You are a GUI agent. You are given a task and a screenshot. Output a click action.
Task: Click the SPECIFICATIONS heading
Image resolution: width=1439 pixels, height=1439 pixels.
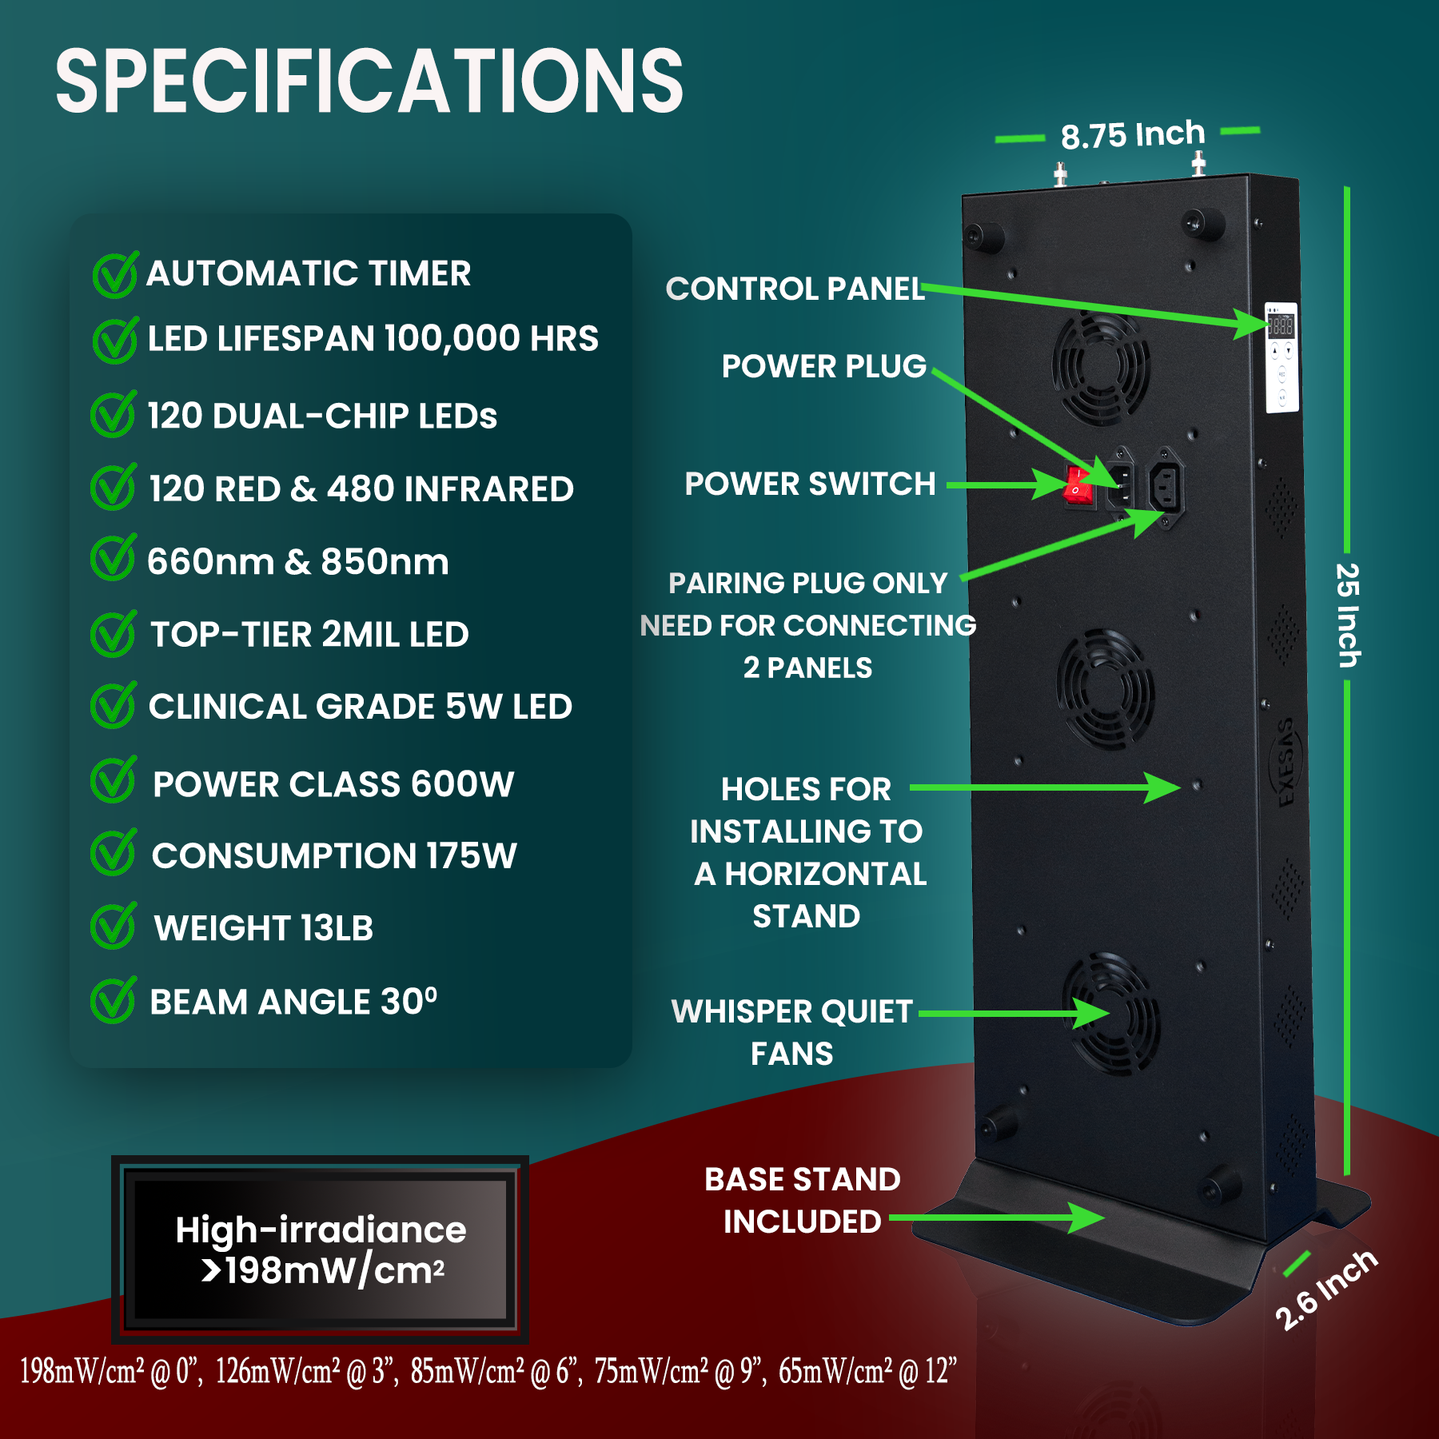tap(369, 82)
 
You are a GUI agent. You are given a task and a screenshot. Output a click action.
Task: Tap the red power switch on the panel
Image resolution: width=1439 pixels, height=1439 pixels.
tap(1078, 485)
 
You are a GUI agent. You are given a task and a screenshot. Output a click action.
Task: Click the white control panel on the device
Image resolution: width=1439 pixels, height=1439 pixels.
tap(1281, 357)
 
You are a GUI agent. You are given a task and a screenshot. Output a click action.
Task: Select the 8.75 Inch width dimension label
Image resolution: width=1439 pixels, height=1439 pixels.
tap(1132, 135)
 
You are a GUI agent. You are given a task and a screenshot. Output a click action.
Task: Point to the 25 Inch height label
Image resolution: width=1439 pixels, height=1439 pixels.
tap(1347, 616)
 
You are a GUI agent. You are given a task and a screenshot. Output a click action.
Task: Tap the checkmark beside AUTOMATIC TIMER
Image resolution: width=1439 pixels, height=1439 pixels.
tap(114, 275)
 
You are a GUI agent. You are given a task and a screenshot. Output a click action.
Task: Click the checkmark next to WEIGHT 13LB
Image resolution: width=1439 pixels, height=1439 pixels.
tap(113, 927)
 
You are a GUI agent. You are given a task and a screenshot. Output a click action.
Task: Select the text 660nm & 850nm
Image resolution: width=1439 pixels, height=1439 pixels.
tap(297, 562)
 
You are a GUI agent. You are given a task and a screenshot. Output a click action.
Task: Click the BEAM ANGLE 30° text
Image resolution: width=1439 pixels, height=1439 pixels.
tap(293, 1002)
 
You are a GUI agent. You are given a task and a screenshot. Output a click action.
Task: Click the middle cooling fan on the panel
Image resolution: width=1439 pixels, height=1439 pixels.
tap(1105, 688)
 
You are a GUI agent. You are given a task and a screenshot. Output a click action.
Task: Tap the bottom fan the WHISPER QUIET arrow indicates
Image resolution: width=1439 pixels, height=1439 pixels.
tap(1111, 1014)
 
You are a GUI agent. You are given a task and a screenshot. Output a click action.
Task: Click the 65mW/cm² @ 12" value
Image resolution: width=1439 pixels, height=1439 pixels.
tap(867, 1371)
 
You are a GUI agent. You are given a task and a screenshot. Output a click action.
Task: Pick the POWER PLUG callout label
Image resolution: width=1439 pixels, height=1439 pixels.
tap(823, 366)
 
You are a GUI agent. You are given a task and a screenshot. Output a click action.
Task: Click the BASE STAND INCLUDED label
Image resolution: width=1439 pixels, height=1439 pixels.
tap(802, 1200)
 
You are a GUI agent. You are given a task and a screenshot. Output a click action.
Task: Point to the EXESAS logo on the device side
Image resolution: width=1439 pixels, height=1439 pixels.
tap(1286, 763)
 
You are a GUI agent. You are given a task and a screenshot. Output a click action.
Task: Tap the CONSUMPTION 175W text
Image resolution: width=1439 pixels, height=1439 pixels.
tap(334, 855)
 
